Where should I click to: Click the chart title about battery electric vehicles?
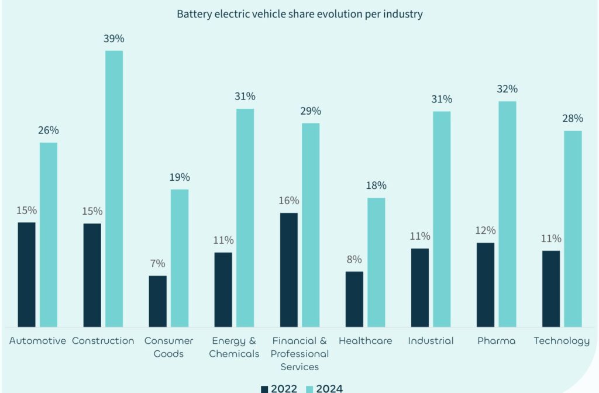(299, 14)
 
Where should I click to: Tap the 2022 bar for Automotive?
(26, 274)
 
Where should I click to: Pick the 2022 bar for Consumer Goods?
(157, 301)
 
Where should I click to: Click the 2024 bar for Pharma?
(507, 213)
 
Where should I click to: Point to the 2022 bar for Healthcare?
(354, 299)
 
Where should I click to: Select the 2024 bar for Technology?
(573, 228)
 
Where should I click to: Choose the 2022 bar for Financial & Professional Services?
(288, 270)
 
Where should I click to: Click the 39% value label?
(114, 39)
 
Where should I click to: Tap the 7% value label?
(157, 264)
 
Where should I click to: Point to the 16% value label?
(288, 201)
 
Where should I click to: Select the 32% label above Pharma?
(507, 89)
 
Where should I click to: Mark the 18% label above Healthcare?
(376, 185)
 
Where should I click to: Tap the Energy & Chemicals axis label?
(234, 347)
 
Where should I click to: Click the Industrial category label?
(431, 341)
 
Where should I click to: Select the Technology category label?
(562, 341)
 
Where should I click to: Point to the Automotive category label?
(37, 341)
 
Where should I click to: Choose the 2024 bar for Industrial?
(442, 219)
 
